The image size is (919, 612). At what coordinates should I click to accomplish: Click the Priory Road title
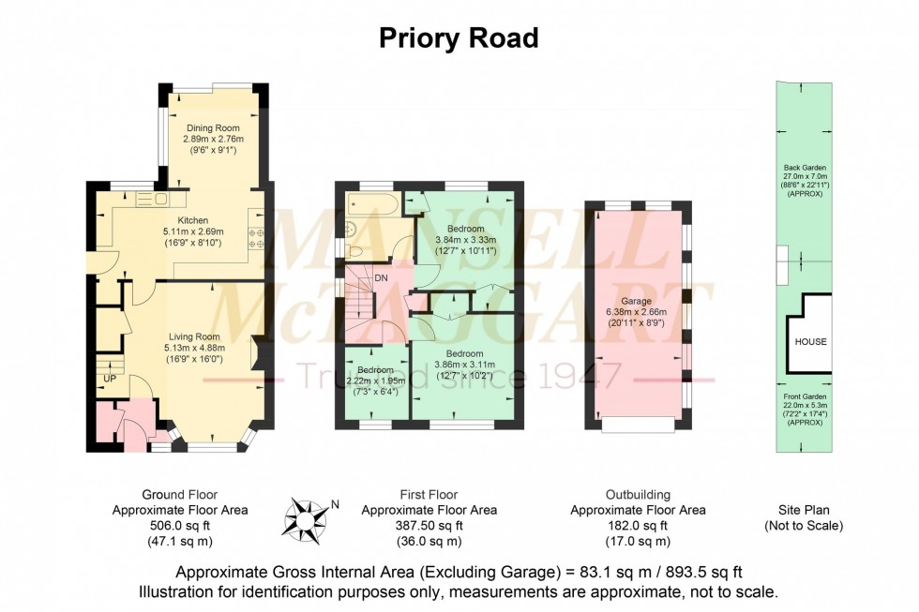point(459,38)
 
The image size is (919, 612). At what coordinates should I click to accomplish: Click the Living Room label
point(194,336)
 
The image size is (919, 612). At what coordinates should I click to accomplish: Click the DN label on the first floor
point(381,278)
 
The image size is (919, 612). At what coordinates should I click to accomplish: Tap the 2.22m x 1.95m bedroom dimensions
point(374,381)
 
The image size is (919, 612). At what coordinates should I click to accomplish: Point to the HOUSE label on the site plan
point(811,341)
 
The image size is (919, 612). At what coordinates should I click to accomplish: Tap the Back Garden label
point(805,168)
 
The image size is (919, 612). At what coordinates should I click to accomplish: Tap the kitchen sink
point(150,200)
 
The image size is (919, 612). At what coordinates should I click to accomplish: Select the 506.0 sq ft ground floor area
point(180,526)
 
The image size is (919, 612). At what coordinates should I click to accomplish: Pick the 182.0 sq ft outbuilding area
point(638,526)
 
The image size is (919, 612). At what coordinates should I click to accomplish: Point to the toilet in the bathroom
point(354,250)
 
